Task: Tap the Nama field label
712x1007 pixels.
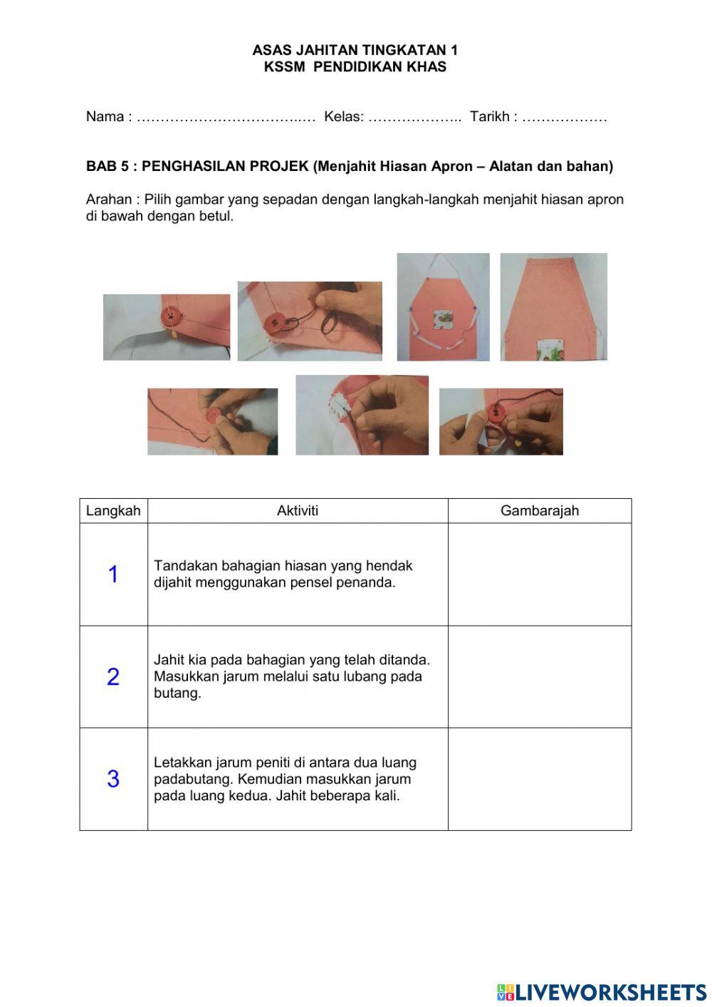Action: click(x=105, y=116)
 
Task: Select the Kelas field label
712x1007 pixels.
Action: click(x=342, y=116)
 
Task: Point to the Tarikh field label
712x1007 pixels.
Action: click(x=490, y=116)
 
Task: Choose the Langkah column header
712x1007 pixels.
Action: click(x=113, y=511)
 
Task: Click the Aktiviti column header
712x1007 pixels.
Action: click(x=298, y=511)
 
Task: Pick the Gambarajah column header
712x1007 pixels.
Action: click(x=540, y=511)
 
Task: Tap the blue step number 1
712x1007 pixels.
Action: click(x=113, y=574)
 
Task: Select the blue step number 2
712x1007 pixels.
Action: click(x=113, y=676)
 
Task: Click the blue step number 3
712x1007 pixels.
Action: click(x=113, y=779)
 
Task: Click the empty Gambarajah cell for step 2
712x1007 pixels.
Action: click(x=540, y=676)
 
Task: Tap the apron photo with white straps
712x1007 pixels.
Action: click(x=443, y=306)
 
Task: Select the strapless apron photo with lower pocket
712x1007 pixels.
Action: click(x=553, y=306)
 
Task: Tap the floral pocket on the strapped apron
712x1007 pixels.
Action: click(x=443, y=321)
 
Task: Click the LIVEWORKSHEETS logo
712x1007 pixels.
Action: click(x=602, y=992)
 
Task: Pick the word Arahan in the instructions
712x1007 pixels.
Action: click(x=109, y=200)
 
